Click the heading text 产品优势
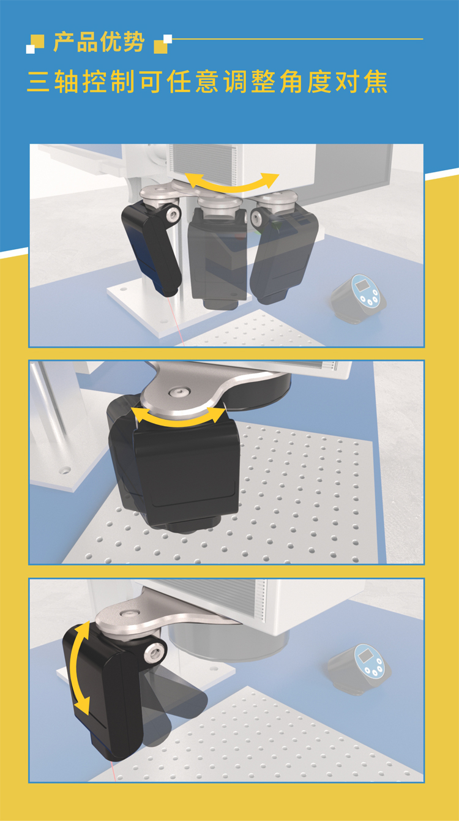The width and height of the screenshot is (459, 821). pyautogui.click(x=99, y=42)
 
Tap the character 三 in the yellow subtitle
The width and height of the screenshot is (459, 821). pyautogui.click(x=38, y=81)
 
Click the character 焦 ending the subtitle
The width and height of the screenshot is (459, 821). pyautogui.click(x=376, y=81)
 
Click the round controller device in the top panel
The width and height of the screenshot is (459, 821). pyautogui.click(x=359, y=298)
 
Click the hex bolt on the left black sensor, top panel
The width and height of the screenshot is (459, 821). pyautogui.click(x=172, y=214)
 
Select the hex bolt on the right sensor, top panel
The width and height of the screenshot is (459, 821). pyautogui.click(x=258, y=217)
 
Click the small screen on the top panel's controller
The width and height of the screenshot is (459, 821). pyautogui.click(x=363, y=285)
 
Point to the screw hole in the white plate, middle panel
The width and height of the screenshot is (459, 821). pyautogui.click(x=65, y=470)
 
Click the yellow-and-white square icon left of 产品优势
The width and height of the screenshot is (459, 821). pyautogui.click(x=35, y=44)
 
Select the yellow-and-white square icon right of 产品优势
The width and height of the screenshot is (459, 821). pyautogui.click(x=163, y=44)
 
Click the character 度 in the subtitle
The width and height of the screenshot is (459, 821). pyautogui.click(x=319, y=81)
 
